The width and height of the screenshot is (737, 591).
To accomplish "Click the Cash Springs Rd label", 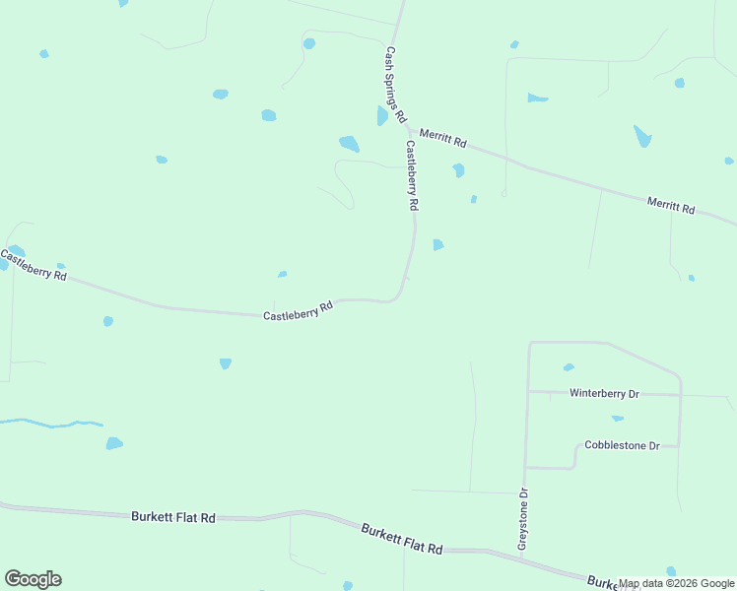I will pyautogui.click(x=395, y=85).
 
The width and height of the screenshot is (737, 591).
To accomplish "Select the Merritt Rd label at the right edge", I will pyautogui.click(x=671, y=205).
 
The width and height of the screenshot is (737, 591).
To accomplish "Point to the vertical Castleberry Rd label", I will pyautogui.click(x=413, y=176).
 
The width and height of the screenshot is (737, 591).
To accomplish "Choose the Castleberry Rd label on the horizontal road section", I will pyautogui.click(x=298, y=311).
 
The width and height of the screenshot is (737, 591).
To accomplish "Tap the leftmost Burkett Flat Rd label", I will pyautogui.click(x=172, y=516).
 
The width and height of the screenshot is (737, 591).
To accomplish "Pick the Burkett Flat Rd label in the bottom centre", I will pyautogui.click(x=401, y=539).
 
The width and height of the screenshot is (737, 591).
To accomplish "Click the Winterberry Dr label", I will pyautogui.click(x=604, y=394).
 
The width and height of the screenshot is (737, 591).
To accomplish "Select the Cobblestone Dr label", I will pyautogui.click(x=621, y=445).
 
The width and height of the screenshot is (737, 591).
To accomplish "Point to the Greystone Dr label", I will pyautogui.click(x=524, y=519).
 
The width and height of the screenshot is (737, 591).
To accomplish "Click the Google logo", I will pyautogui.click(x=33, y=579).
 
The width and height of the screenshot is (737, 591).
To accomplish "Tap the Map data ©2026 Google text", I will pyautogui.click(x=677, y=583).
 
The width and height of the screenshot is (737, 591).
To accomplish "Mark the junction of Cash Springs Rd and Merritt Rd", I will pyautogui.click(x=409, y=129).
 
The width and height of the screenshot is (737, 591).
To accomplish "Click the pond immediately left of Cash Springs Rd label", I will pyautogui.click(x=381, y=116).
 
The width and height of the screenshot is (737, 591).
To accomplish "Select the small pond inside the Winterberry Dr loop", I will pyautogui.click(x=569, y=367).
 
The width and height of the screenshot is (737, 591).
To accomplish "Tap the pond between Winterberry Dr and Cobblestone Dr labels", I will pyautogui.click(x=617, y=419).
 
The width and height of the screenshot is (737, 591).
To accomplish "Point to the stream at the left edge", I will pyautogui.click(x=49, y=425).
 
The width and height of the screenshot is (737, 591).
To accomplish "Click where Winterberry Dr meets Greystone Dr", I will pyautogui.click(x=528, y=392).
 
